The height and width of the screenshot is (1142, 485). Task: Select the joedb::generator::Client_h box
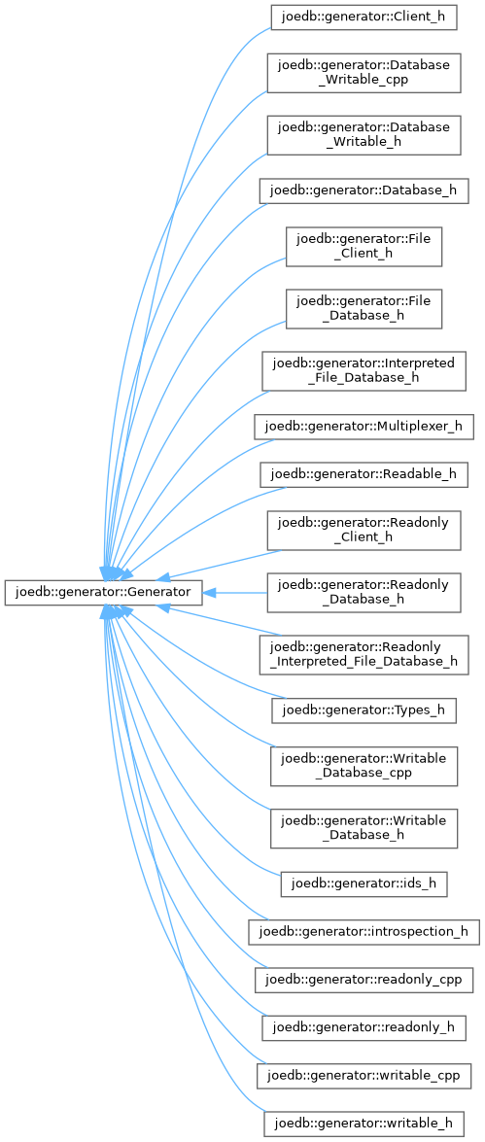click(x=364, y=17)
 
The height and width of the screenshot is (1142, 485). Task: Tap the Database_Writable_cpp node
click(x=364, y=72)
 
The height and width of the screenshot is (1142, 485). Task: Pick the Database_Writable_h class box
click(x=364, y=134)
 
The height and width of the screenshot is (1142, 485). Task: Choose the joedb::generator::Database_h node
click(x=364, y=190)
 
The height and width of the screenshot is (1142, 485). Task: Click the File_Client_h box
click(x=364, y=245)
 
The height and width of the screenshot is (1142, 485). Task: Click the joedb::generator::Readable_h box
click(x=364, y=474)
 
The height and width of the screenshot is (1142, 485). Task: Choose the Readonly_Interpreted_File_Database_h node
click(x=364, y=655)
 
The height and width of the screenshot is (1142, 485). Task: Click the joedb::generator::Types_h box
click(x=364, y=710)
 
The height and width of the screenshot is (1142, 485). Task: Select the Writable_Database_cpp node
click(x=364, y=766)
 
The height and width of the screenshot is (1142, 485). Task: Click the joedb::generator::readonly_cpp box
click(x=364, y=983)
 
